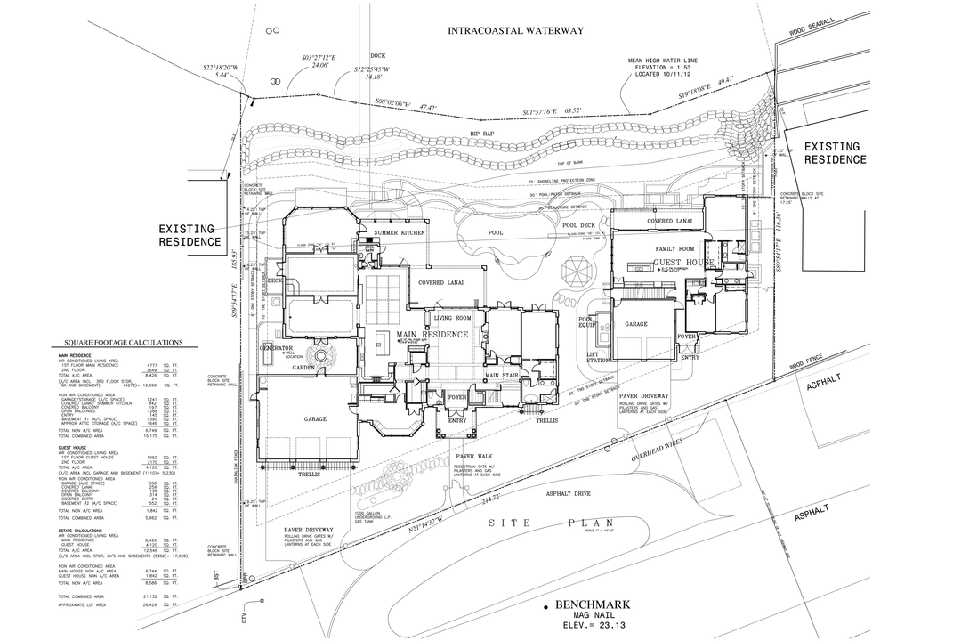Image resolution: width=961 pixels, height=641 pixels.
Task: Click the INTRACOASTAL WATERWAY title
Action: (x=516, y=31)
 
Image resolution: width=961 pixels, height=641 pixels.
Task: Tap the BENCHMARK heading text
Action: (x=592, y=605)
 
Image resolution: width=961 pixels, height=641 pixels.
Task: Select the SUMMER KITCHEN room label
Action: (x=400, y=233)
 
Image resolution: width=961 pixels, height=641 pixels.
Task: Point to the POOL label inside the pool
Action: (x=496, y=233)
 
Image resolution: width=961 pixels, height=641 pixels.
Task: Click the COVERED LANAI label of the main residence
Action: (x=434, y=282)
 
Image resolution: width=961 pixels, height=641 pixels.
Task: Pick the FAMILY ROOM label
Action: (x=674, y=249)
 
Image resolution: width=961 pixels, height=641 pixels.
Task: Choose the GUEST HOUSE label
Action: (x=685, y=264)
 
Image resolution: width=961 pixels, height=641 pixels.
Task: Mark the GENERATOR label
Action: (x=276, y=347)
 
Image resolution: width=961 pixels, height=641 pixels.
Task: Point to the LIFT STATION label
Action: (x=599, y=357)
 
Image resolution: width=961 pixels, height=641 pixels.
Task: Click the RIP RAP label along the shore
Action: (x=483, y=134)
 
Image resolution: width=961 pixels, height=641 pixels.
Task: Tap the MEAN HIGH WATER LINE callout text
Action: (x=666, y=61)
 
